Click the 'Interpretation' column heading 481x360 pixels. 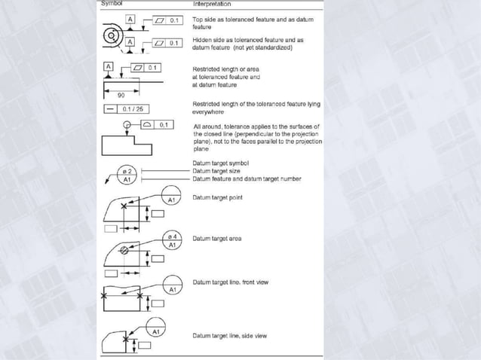tap(214, 5)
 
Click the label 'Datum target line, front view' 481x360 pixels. tap(231, 282)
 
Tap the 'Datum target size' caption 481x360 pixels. tap(218, 171)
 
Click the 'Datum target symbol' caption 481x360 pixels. tap(220, 163)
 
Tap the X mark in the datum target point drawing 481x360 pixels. tap(141, 211)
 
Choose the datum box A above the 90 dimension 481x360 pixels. tap(109, 67)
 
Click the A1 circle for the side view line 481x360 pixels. tap(156, 331)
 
